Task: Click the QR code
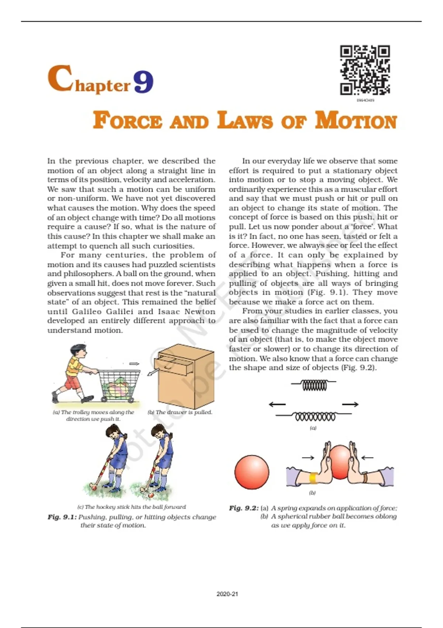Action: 365,70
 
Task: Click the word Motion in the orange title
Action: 356,121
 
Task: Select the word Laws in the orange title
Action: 245,121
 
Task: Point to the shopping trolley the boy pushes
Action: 119,384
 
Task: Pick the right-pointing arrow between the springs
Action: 350,405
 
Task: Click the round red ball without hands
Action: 252,472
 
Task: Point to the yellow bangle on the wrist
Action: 313,478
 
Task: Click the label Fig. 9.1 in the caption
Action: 62,517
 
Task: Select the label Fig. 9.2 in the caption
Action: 244,508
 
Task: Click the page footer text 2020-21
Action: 227,594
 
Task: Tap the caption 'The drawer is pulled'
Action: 180,412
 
